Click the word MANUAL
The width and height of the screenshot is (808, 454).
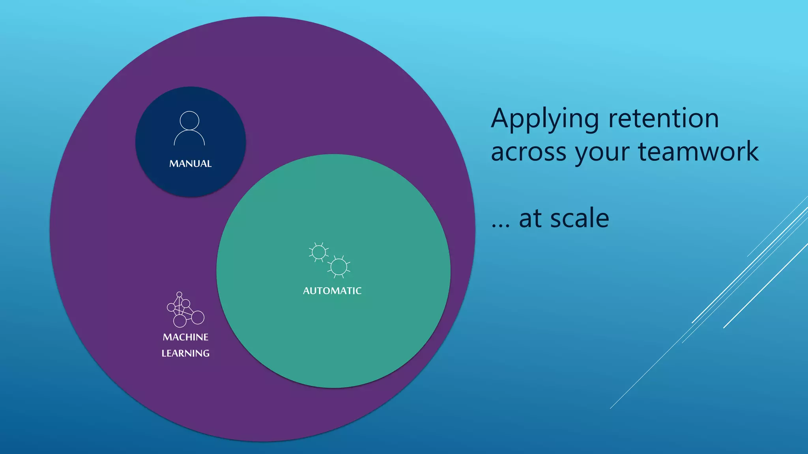[x=190, y=164]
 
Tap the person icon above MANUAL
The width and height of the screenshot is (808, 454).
[x=189, y=128]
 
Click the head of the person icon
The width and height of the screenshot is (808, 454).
[x=189, y=120]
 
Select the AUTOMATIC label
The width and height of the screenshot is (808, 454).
[x=332, y=291]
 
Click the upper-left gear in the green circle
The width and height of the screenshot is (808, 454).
[x=318, y=252]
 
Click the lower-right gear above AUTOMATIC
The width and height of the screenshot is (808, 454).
[x=339, y=267]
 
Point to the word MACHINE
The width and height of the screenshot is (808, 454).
[x=185, y=337]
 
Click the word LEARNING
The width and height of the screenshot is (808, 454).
[x=185, y=354]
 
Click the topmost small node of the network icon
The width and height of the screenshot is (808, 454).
[x=179, y=294]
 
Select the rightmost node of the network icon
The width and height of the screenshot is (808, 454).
[x=198, y=317]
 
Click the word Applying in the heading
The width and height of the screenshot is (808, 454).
[x=545, y=119]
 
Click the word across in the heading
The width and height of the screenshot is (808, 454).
[x=528, y=152]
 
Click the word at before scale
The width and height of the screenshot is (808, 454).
[x=530, y=219]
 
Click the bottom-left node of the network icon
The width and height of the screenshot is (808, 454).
[x=180, y=321]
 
